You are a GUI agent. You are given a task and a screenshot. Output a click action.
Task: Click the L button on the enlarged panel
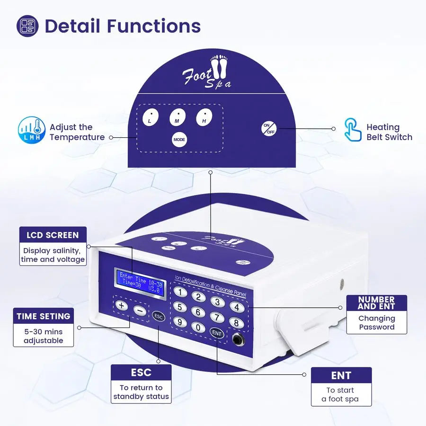pos(150,118)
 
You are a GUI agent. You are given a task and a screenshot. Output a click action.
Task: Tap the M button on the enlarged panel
pos(177,117)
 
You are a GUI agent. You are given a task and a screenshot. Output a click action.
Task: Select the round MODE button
pos(179,140)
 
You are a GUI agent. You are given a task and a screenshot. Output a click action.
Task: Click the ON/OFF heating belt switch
pos(269,128)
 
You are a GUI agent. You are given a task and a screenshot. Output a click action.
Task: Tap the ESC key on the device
pos(159,316)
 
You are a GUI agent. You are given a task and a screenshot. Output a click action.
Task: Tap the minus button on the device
pos(139,311)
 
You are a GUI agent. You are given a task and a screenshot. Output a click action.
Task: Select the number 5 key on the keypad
pos(179,307)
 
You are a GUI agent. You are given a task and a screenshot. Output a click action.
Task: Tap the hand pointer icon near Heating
pos(353,130)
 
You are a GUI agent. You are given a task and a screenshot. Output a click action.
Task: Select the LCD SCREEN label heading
pos(53,235)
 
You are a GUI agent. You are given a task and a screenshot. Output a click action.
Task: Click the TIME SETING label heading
pos(43,316)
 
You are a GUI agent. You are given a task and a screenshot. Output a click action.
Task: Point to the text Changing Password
pos(376,323)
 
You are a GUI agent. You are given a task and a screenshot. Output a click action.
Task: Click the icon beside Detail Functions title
pos(27,26)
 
